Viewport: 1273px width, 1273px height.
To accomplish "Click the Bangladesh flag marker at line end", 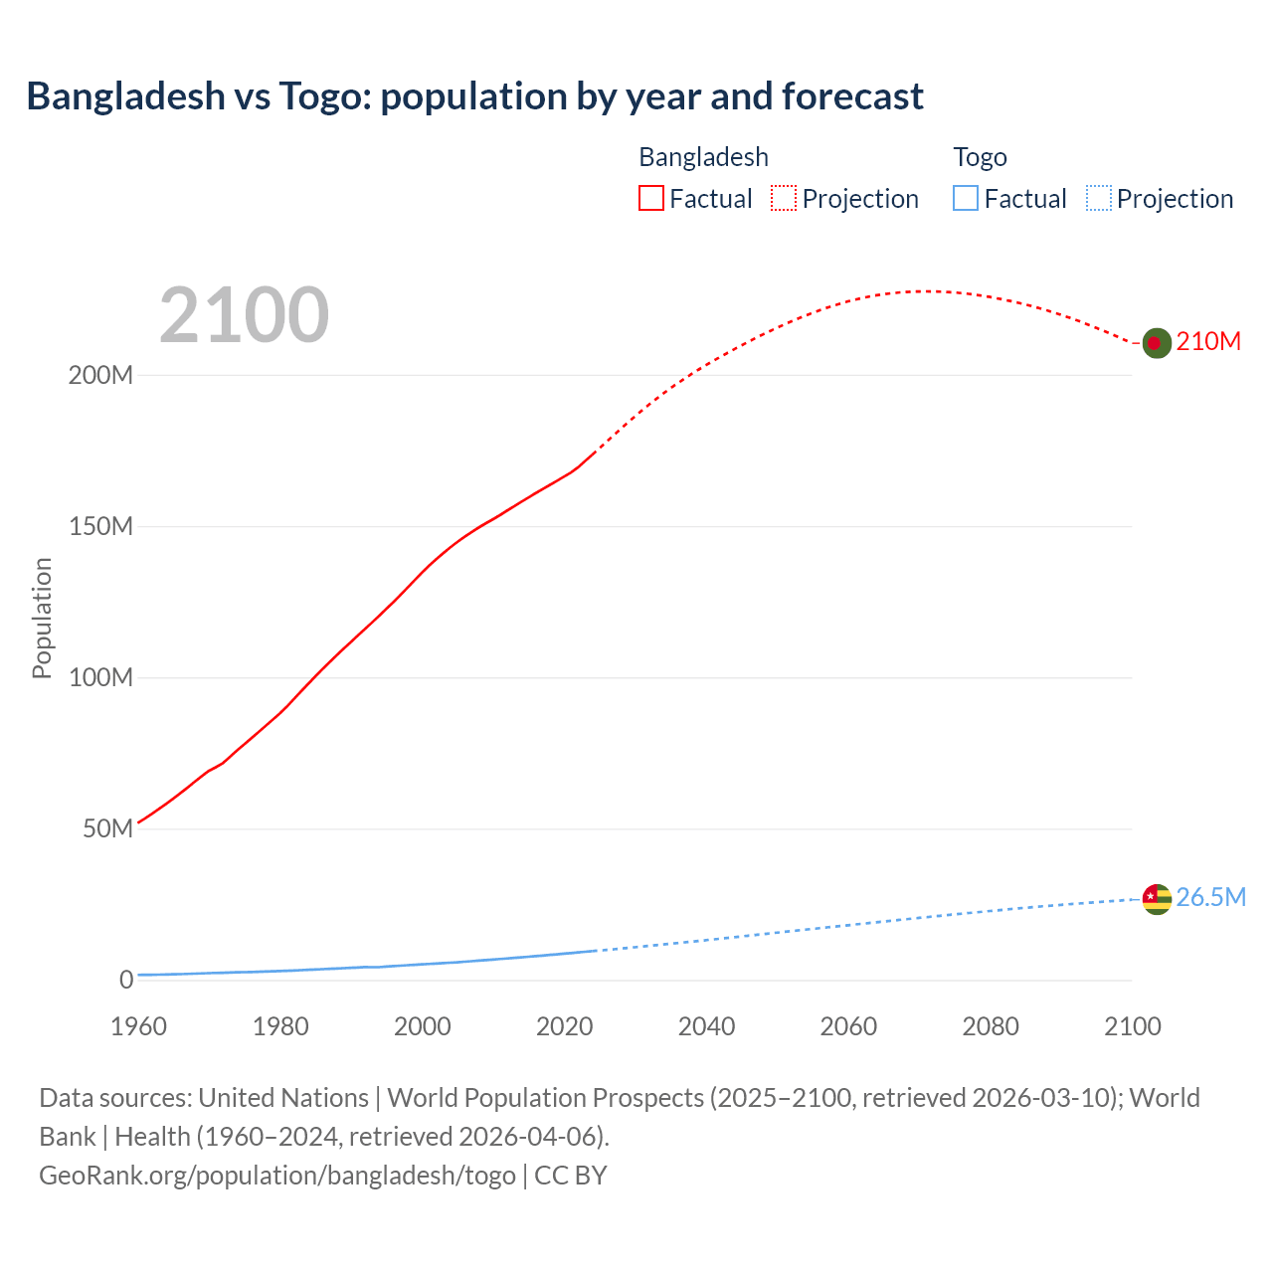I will coord(1156,343).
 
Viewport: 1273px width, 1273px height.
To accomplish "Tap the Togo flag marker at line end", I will coord(1156,899).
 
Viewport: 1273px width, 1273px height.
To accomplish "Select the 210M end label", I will coord(1208,342).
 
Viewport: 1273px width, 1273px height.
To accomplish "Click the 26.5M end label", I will coord(1210,898).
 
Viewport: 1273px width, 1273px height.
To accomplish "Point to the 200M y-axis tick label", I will coord(100,376).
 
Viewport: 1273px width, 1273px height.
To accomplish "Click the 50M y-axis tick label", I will coord(107,829).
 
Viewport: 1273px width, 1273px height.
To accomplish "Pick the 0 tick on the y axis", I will coord(126,981).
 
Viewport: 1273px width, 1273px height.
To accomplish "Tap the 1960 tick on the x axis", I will coord(138,1027).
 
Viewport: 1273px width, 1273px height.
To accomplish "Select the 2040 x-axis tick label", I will coord(706,1027).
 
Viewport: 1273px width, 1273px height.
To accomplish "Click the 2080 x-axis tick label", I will coord(991,1027).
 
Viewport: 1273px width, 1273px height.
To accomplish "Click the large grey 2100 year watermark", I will coord(244,315).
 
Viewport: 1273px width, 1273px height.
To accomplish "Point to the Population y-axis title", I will coord(42,619).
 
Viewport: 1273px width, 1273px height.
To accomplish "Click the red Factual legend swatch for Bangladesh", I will coord(651,199).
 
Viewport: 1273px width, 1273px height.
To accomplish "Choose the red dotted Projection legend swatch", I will coord(784,199).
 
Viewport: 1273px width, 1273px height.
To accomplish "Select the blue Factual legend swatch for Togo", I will coord(966,199).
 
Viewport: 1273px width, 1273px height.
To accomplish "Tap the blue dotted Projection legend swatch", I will coord(1099,199).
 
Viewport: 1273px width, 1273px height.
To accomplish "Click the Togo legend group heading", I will coord(980,158).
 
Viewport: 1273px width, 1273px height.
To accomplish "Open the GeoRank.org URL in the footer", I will coord(277,1176).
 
